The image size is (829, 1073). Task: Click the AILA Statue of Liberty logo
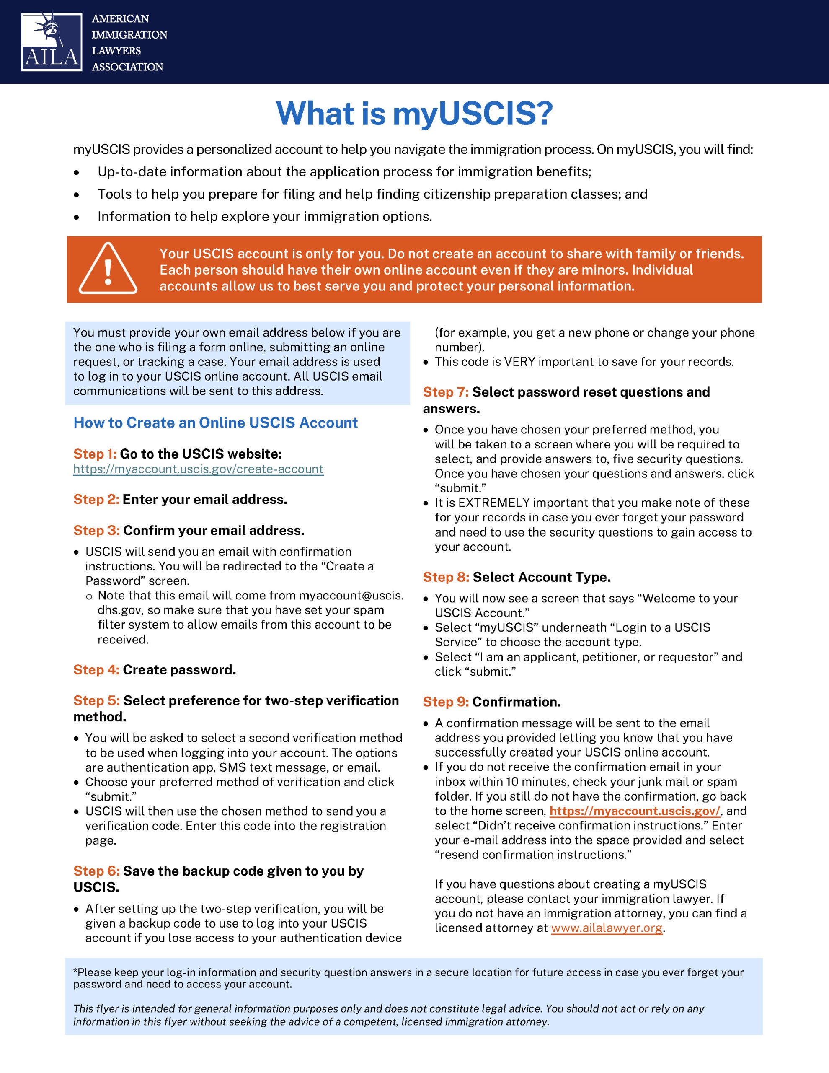pyautogui.click(x=51, y=42)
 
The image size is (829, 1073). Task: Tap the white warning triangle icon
pyautogui.click(x=108, y=269)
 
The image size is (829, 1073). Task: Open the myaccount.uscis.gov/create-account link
pyautogui.click(x=199, y=469)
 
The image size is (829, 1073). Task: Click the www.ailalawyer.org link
pyautogui.click(x=607, y=928)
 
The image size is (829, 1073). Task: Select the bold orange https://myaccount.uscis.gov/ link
pyautogui.click(x=635, y=811)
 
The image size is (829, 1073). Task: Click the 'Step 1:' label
pyautogui.click(x=95, y=454)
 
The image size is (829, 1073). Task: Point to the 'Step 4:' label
pyautogui.click(x=96, y=670)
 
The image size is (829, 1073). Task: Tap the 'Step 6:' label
pyautogui.click(x=96, y=871)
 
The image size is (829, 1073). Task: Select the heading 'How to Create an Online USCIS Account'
pyautogui.click(x=216, y=423)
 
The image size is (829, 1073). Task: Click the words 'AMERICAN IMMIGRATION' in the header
pyautogui.click(x=129, y=26)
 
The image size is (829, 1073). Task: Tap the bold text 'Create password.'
pyautogui.click(x=179, y=670)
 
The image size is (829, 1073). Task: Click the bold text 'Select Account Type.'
pyautogui.click(x=542, y=577)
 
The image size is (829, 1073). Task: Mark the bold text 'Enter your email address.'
pyautogui.click(x=205, y=500)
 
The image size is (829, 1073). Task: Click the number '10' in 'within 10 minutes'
pyautogui.click(x=512, y=782)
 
